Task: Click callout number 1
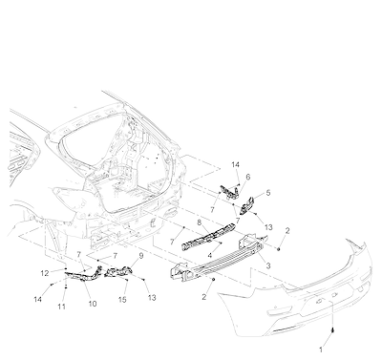pyautogui.click(x=321, y=349)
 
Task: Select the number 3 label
pyautogui.click(x=268, y=265)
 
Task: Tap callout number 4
pyautogui.click(x=210, y=256)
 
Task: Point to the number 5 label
pyautogui.click(x=268, y=193)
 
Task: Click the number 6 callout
pyautogui.click(x=248, y=177)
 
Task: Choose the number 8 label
pyautogui.click(x=200, y=222)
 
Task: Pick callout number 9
pyautogui.click(x=141, y=256)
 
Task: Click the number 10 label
pyautogui.click(x=93, y=304)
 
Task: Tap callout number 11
pyautogui.click(x=61, y=307)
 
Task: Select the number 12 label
pyautogui.click(x=45, y=273)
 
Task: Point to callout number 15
pyautogui.click(x=122, y=300)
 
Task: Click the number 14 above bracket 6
pyautogui.click(x=235, y=164)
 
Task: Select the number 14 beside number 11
pyautogui.click(x=38, y=299)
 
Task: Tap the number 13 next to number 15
pyautogui.click(x=152, y=298)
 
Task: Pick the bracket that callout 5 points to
pyautogui.click(x=246, y=205)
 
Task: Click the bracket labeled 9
pyautogui.click(x=118, y=271)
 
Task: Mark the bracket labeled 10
pyautogui.click(x=83, y=274)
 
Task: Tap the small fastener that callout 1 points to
pyautogui.click(x=332, y=330)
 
